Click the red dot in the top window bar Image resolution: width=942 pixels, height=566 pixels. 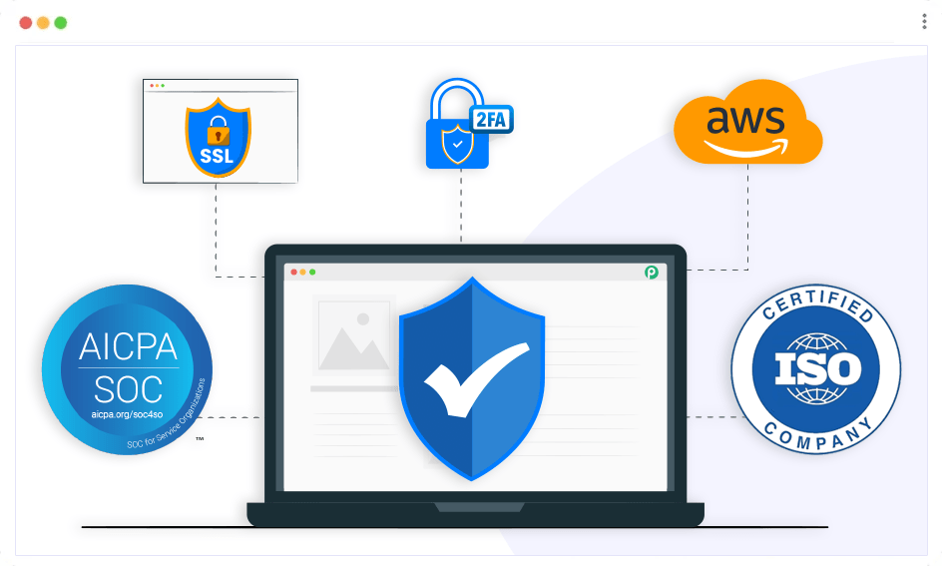tap(26, 22)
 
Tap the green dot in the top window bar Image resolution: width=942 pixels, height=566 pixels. tap(60, 22)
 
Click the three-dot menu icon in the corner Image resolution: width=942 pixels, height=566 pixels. tap(924, 22)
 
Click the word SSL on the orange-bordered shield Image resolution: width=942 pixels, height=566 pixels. tap(219, 157)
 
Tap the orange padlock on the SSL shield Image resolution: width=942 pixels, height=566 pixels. tap(219, 131)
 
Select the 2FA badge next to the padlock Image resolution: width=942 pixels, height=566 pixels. tap(493, 119)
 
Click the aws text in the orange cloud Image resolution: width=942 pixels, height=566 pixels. tap(745, 120)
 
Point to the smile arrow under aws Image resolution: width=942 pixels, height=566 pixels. tap(745, 147)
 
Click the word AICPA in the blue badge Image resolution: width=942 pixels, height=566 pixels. tap(128, 346)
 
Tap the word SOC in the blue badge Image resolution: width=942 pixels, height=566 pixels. tap(128, 387)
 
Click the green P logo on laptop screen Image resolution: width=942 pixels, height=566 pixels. tap(652, 272)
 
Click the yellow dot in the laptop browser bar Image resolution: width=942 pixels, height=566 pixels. tap(300, 272)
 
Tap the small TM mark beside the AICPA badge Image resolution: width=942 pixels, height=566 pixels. tap(200, 439)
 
